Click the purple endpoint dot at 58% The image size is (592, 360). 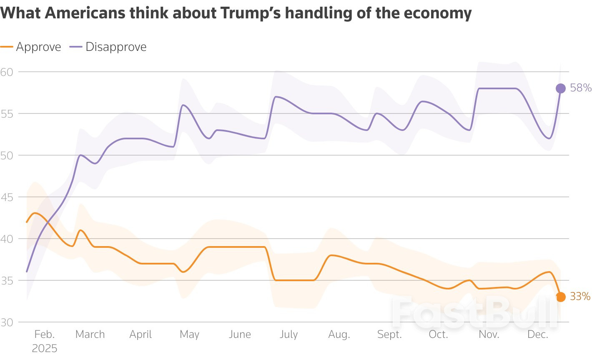tap(561, 88)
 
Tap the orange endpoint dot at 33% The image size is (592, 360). tap(561, 297)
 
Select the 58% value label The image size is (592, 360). tap(581, 88)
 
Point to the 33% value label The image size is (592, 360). tap(580, 297)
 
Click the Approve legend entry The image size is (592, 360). tap(38, 47)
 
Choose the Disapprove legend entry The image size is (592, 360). tap(115, 47)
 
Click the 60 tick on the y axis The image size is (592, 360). tap(7, 72)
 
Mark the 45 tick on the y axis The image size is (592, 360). tap(7, 197)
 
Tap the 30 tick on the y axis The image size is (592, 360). tap(7, 322)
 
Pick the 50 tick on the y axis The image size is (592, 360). tap(7, 155)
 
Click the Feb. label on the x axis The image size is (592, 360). tap(44, 335)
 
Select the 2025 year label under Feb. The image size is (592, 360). tap(44, 348)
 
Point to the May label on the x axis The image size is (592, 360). tap(189, 335)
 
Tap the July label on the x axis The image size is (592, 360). tap(288, 335)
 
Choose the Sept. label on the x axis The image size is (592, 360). tap(389, 335)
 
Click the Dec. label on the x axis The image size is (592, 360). tap(538, 335)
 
